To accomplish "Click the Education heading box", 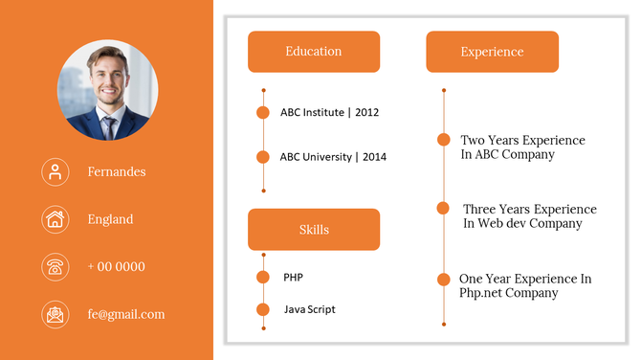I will [x=314, y=52].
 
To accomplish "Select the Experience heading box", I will [x=492, y=52].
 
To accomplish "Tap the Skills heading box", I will [x=314, y=230].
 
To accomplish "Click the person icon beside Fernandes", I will [x=55, y=171].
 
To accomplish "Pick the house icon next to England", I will [x=55, y=219].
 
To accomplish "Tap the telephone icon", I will [x=55, y=266].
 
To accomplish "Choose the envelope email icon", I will [x=55, y=314].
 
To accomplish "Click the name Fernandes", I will [x=117, y=171].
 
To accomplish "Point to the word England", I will [x=110, y=219].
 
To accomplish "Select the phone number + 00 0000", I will [x=116, y=266].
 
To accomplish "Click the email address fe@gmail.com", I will [x=125, y=314].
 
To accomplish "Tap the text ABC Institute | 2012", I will [x=329, y=112].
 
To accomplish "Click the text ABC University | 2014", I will [x=333, y=157].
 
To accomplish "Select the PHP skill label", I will [x=293, y=278].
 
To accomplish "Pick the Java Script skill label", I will [x=309, y=309].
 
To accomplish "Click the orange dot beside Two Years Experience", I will [x=444, y=140].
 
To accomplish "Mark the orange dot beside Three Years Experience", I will [x=444, y=208].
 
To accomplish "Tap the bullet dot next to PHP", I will [x=263, y=278].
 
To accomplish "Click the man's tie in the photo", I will [x=109, y=125].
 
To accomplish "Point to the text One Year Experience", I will [x=525, y=279].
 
